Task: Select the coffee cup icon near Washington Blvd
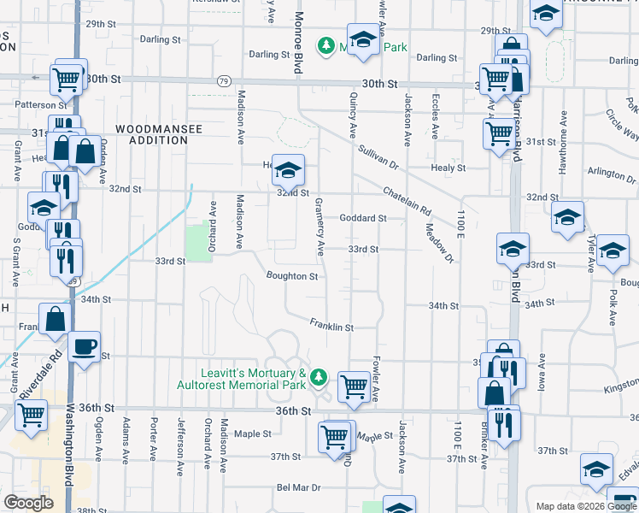tap(85, 347)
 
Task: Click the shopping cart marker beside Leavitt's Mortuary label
tap(354, 387)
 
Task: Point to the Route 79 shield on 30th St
tap(223, 81)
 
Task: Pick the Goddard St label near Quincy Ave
tap(363, 218)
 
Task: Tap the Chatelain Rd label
tap(407, 202)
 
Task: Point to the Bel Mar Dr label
tap(297, 487)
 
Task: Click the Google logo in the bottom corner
tap(28, 503)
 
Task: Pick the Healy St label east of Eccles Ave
tap(448, 168)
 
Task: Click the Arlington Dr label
tap(607, 174)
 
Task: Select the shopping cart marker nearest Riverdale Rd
tap(31, 416)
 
